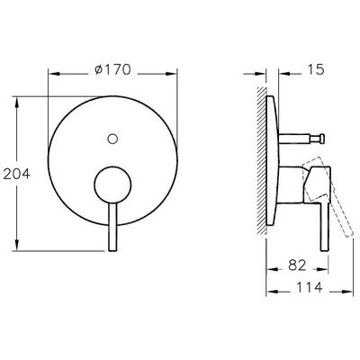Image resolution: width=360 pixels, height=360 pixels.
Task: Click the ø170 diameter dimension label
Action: (112, 70)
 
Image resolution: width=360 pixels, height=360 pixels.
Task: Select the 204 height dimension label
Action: (17, 174)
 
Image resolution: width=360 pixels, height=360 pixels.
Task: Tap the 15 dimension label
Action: (316, 69)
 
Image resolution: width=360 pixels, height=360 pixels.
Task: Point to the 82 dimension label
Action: (297, 265)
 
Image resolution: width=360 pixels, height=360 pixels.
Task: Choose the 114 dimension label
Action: (310, 287)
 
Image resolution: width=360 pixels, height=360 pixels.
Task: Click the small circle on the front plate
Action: (112, 139)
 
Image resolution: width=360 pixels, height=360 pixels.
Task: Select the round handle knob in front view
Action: (112, 184)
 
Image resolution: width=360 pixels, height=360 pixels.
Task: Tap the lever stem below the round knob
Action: (112, 227)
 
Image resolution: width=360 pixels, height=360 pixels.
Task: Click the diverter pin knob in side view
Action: (322, 139)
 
